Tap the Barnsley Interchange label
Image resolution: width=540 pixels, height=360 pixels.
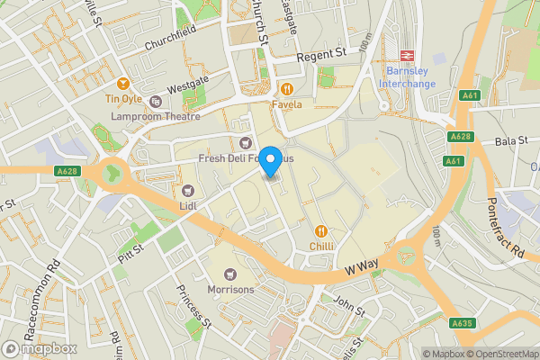(x=410, y=77)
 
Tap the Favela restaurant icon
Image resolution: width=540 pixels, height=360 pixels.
(x=287, y=88)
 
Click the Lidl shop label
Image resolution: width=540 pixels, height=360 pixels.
(x=188, y=206)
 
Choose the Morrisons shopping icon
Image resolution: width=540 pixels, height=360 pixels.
(x=231, y=274)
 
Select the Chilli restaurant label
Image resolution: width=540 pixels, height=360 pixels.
(x=323, y=246)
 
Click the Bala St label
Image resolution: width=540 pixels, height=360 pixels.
(x=509, y=141)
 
